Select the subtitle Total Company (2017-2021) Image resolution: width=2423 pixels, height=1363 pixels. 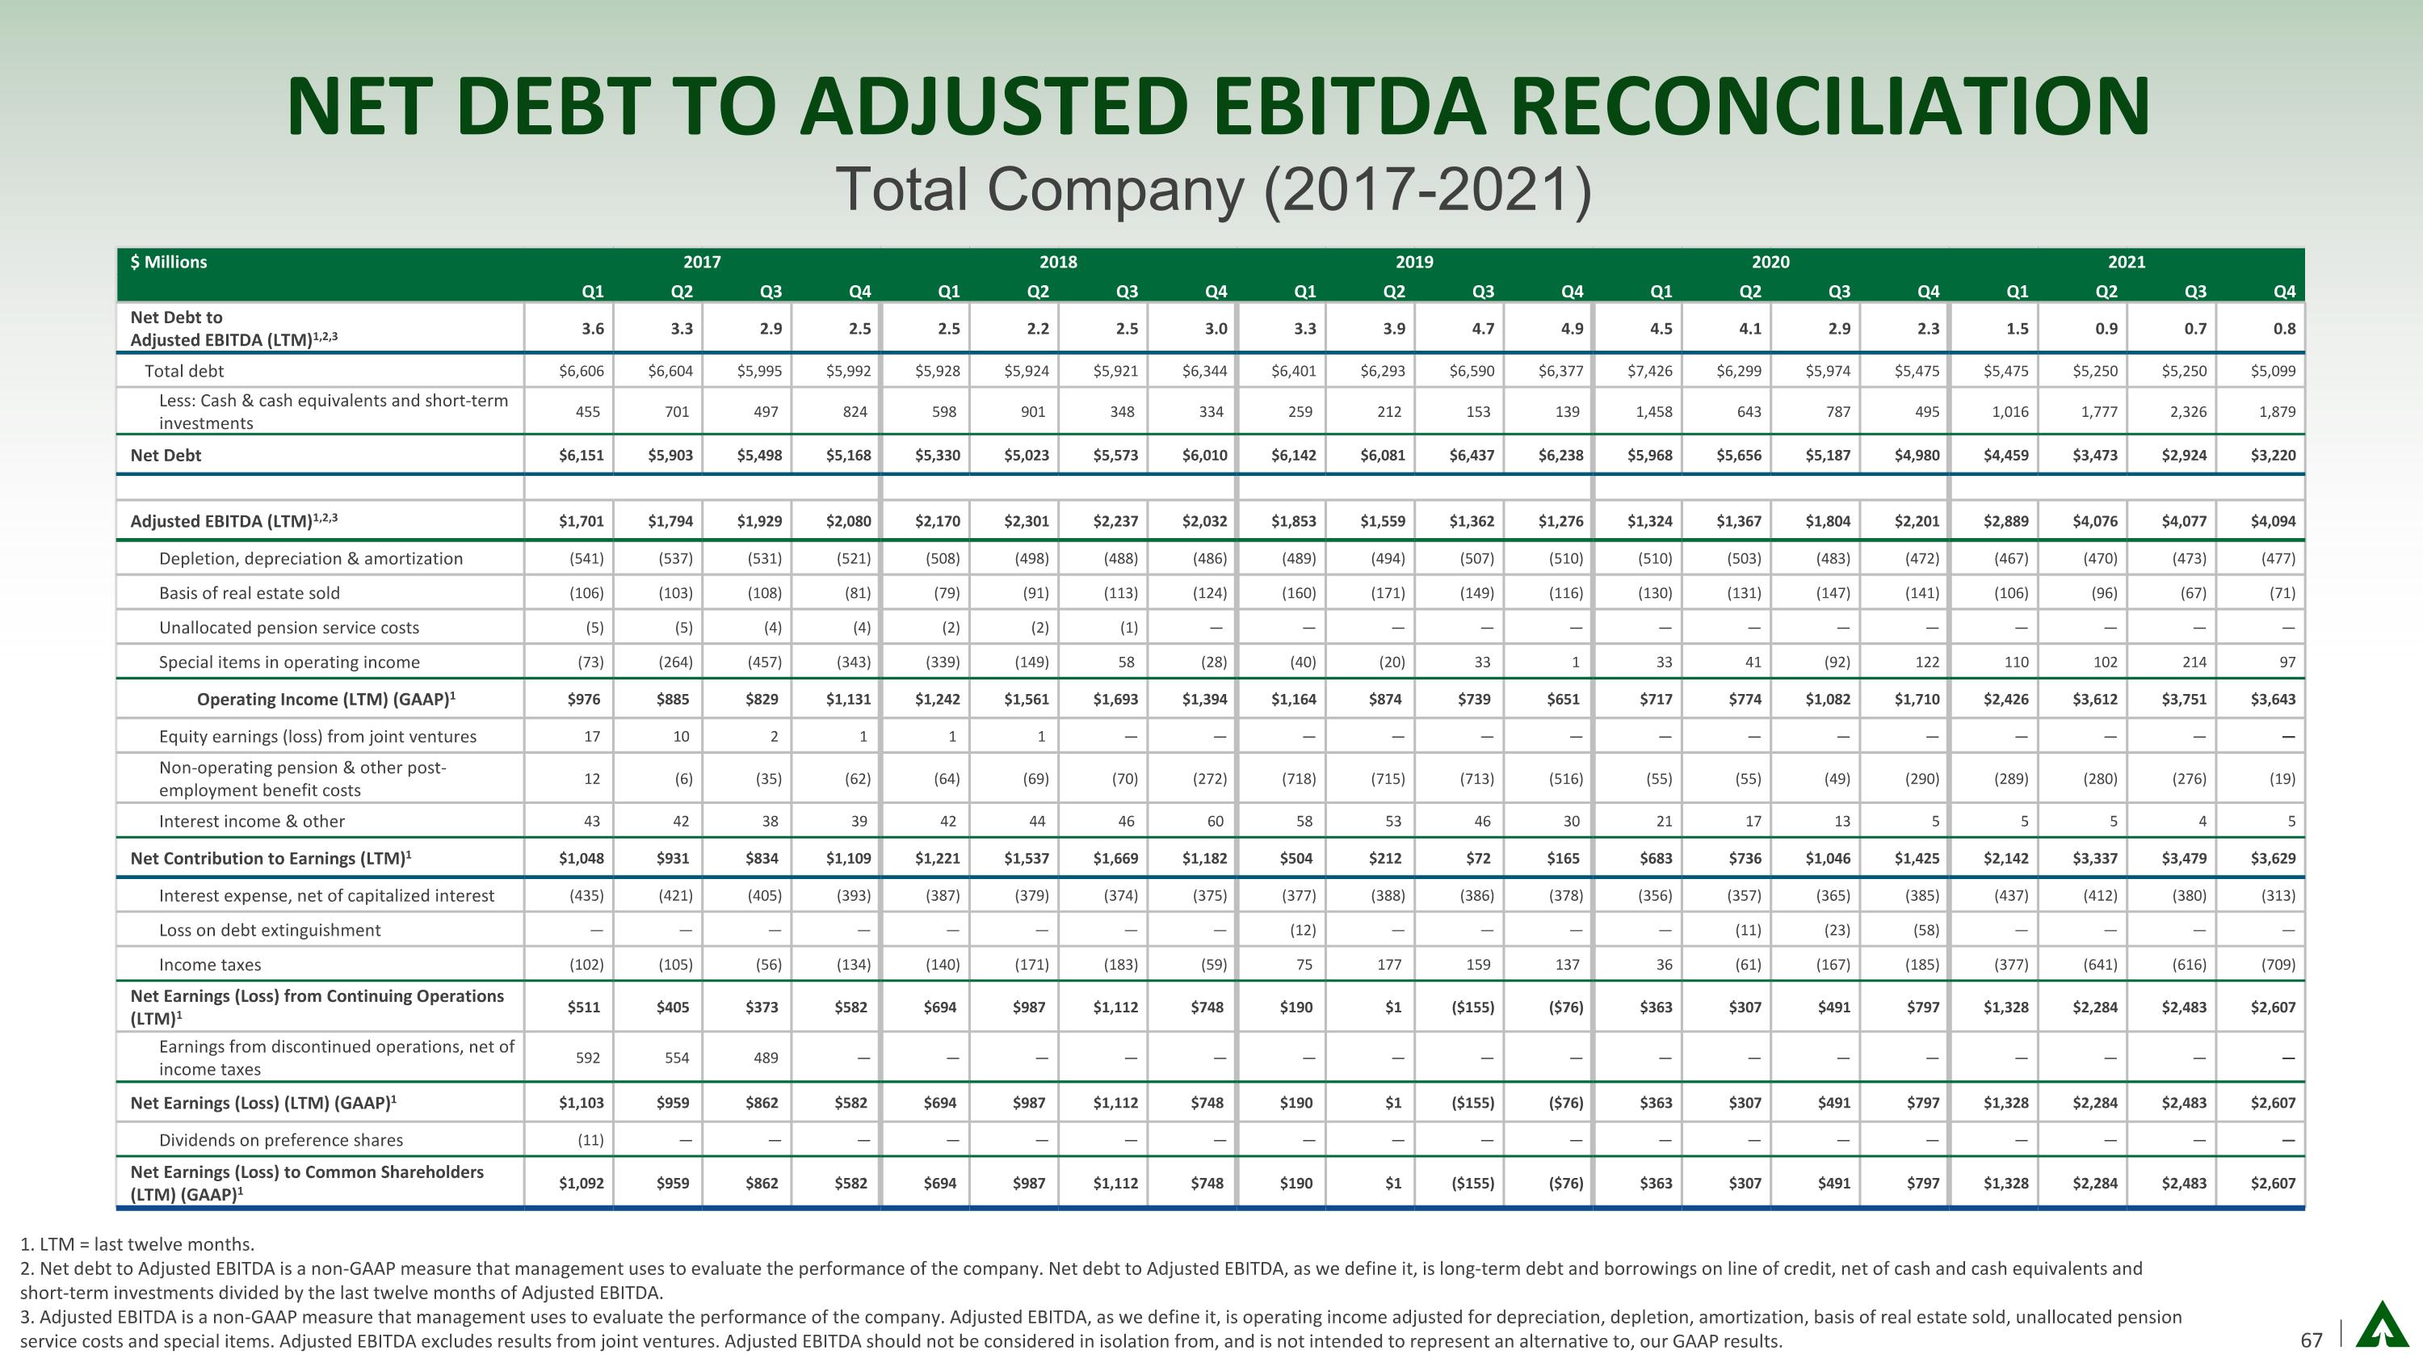coord(1213,189)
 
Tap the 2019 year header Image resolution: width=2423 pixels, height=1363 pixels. coord(1413,263)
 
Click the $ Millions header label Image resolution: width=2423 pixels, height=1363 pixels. coord(170,263)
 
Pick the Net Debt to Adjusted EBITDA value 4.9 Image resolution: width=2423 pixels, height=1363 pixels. coord(1572,329)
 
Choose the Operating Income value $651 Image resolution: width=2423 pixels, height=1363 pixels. coord(1565,700)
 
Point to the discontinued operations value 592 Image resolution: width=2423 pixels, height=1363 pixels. coord(588,1058)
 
